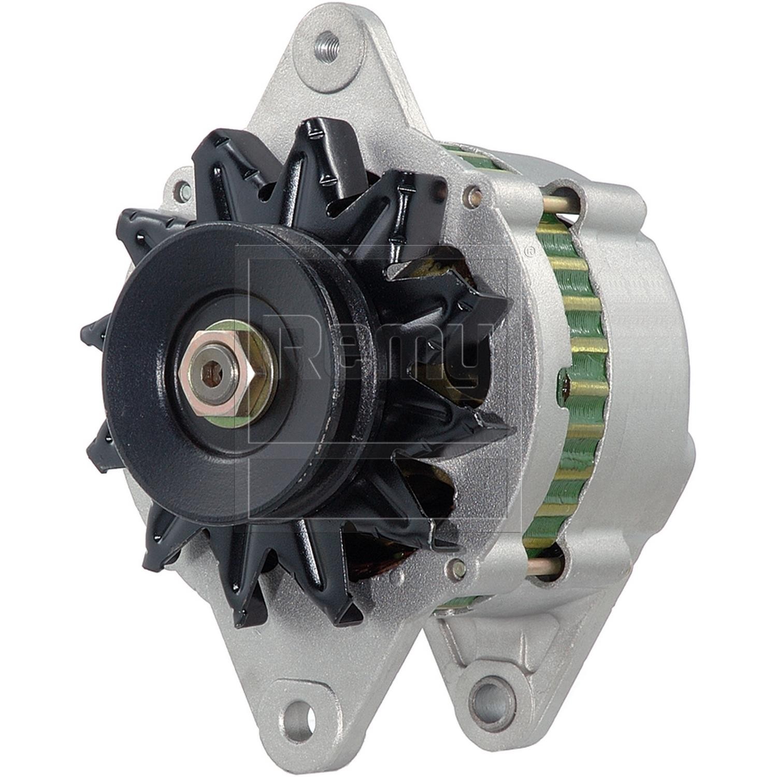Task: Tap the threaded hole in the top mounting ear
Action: click(327, 42)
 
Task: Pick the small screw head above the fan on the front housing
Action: click(472, 195)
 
